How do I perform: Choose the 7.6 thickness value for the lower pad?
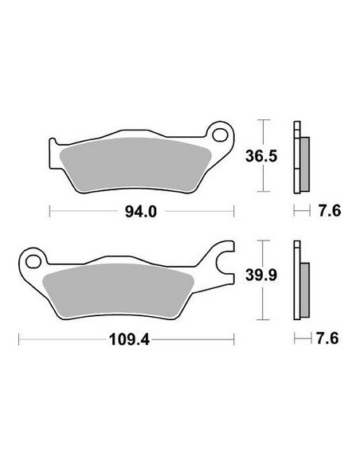[x=328, y=338]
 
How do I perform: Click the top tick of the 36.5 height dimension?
[x=264, y=120]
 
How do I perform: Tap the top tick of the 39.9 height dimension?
[x=264, y=240]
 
